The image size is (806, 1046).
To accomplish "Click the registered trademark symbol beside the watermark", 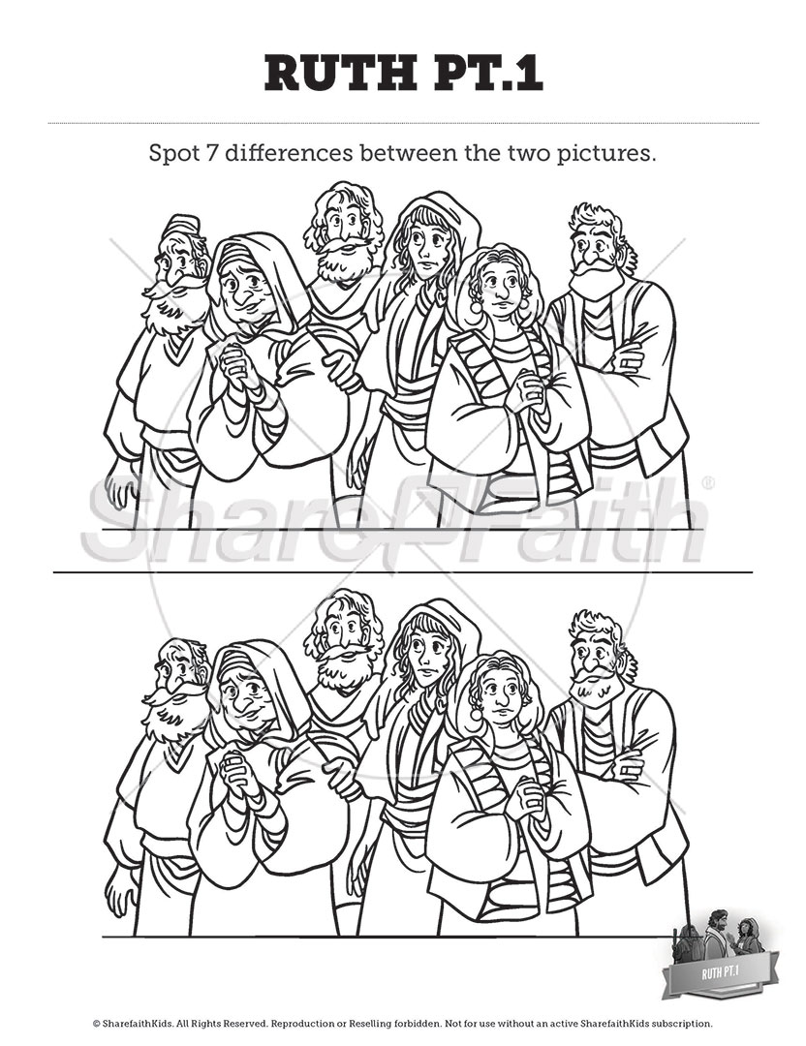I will pos(708,482).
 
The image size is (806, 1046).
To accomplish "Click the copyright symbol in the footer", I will pos(97,1023).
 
